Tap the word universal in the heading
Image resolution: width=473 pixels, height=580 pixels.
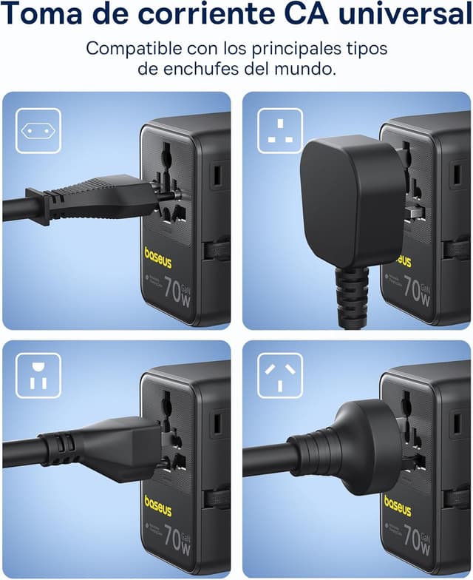click(400, 15)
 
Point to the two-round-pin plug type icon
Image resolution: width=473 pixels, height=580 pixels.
click(38, 131)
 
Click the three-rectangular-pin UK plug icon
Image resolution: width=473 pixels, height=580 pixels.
click(280, 131)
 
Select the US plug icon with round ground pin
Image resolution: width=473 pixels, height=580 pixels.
click(38, 375)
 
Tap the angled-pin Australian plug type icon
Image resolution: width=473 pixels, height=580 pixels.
click(280, 375)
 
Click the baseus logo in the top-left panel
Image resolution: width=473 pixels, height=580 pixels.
click(158, 260)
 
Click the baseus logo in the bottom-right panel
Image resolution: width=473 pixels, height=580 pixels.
click(398, 507)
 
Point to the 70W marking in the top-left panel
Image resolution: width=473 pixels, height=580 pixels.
click(177, 290)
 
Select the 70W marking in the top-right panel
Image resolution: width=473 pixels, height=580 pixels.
click(417, 290)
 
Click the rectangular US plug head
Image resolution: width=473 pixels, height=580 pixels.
click(122, 448)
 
